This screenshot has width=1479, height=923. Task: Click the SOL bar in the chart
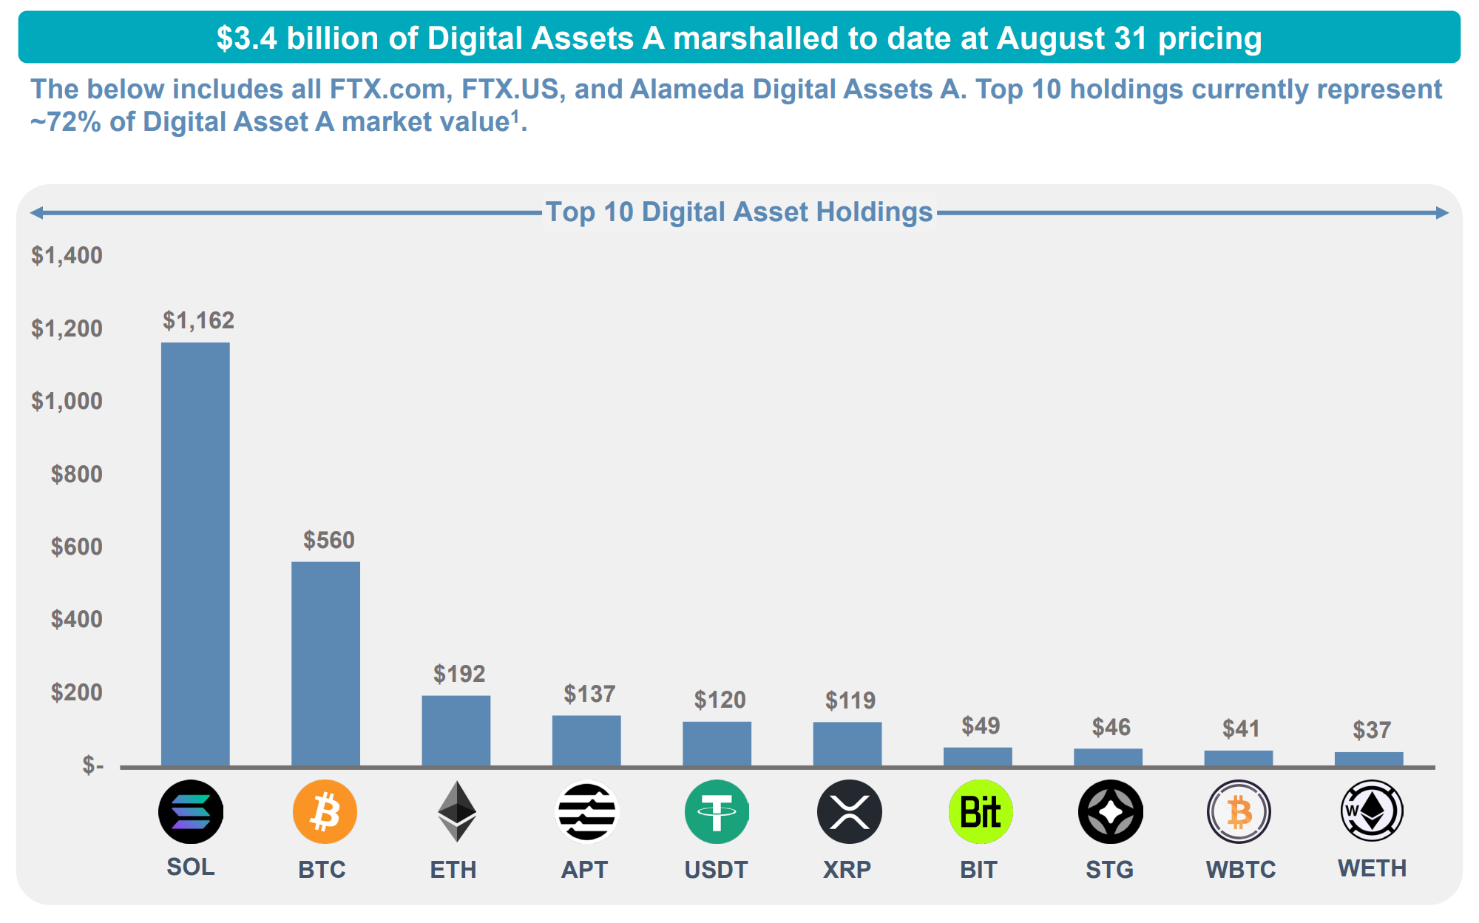[195, 554]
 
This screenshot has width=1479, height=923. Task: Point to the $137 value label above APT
[589, 694]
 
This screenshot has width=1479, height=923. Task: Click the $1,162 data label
[198, 320]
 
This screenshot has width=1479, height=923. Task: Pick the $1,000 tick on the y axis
[67, 401]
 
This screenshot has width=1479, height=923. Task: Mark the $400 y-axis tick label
[76, 619]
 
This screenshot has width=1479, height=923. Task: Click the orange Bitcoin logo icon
[325, 811]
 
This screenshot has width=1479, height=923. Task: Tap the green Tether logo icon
[716, 811]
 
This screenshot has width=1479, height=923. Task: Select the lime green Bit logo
[981, 811]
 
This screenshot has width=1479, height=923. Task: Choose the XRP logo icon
[849, 811]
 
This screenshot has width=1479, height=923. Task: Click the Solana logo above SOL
[191, 811]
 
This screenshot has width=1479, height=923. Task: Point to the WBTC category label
[1240, 869]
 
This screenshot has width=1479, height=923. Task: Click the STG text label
[1109, 869]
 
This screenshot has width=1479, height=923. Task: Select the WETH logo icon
[1372, 811]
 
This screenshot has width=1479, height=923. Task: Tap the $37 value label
[1372, 730]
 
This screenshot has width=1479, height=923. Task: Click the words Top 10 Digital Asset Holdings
[739, 212]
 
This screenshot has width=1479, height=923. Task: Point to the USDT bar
[717, 743]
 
